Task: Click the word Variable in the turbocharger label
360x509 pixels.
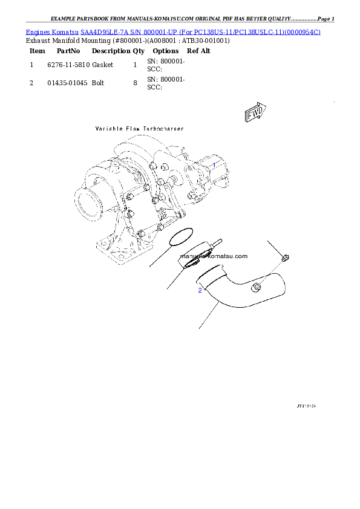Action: click(108, 129)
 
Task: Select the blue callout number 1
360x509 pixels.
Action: click(214, 164)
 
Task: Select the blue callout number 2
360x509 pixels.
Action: click(200, 291)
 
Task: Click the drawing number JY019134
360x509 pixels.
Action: click(306, 406)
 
